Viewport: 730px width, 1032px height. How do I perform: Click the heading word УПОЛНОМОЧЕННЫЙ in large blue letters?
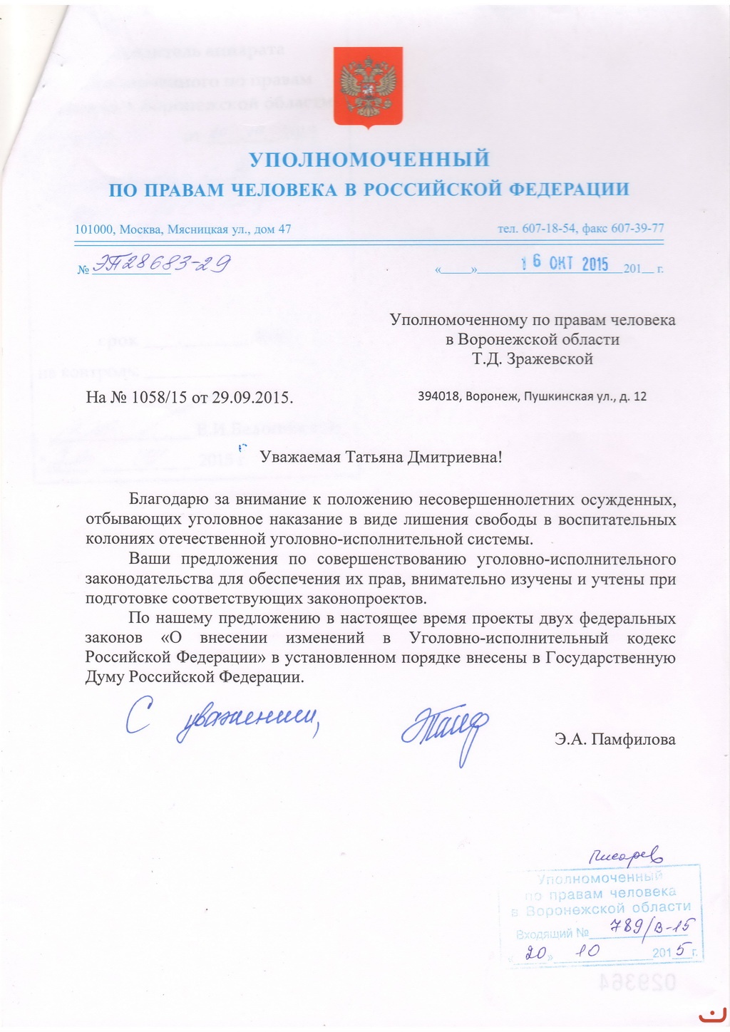pos(368,158)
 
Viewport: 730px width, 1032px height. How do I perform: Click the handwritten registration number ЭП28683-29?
pos(162,265)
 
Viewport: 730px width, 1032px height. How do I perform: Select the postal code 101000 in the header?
pos(95,229)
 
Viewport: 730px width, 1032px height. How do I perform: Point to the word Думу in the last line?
pos(105,677)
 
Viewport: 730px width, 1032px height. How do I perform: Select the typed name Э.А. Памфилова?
pos(615,739)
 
